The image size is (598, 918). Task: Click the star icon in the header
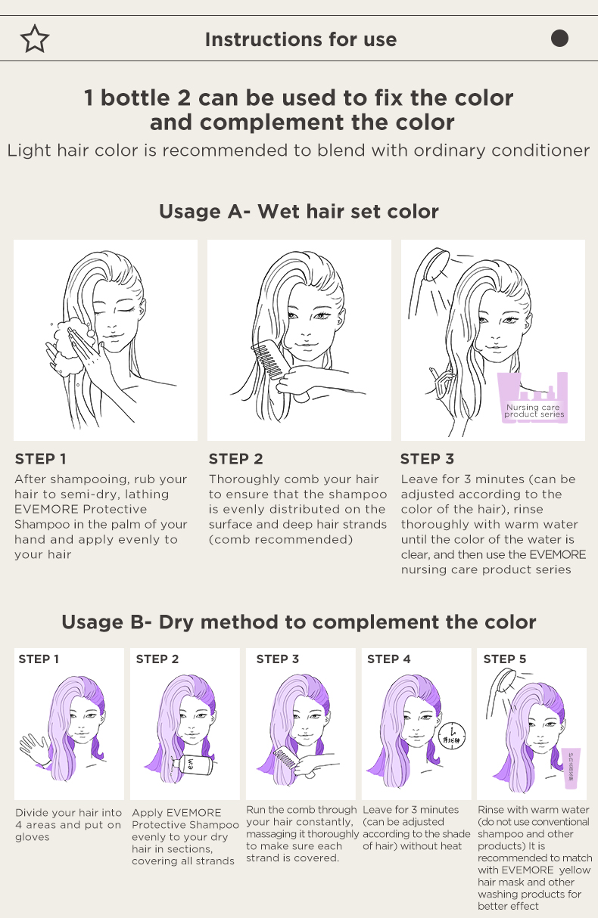pos(35,39)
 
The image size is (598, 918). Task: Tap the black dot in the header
pos(559,39)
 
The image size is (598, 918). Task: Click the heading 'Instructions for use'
pos(301,40)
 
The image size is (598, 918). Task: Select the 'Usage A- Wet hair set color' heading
pos(298,212)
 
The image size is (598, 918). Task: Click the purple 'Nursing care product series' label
pos(533,398)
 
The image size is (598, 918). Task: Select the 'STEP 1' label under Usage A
pos(41,459)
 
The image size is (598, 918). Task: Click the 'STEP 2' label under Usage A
pos(236,459)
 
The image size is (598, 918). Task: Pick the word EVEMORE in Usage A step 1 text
pos(46,510)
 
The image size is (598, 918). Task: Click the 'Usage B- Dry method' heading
pos(298,622)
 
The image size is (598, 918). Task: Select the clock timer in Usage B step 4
pos(452,736)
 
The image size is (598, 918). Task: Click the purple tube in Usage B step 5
pos(572,768)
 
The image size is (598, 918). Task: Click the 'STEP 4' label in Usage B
pos(389,659)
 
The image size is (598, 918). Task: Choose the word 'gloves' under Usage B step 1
pos(32,837)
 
